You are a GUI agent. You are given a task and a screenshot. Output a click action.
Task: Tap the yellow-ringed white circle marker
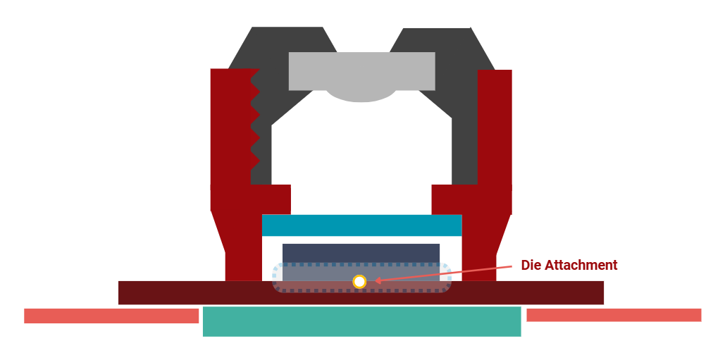click(359, 282)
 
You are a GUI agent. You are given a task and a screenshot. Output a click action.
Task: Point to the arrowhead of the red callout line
click(377, 281)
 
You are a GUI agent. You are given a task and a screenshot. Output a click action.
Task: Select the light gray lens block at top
click(361, 70)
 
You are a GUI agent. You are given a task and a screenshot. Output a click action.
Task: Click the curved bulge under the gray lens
click(361, 96)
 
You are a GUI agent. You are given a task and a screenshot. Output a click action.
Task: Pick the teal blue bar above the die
click(361, 225)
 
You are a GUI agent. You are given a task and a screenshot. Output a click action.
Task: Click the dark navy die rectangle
click(361, 253)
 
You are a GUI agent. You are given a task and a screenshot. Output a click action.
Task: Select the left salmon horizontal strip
click(111, 316)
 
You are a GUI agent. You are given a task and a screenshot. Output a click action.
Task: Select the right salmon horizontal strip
click(613, 315)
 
